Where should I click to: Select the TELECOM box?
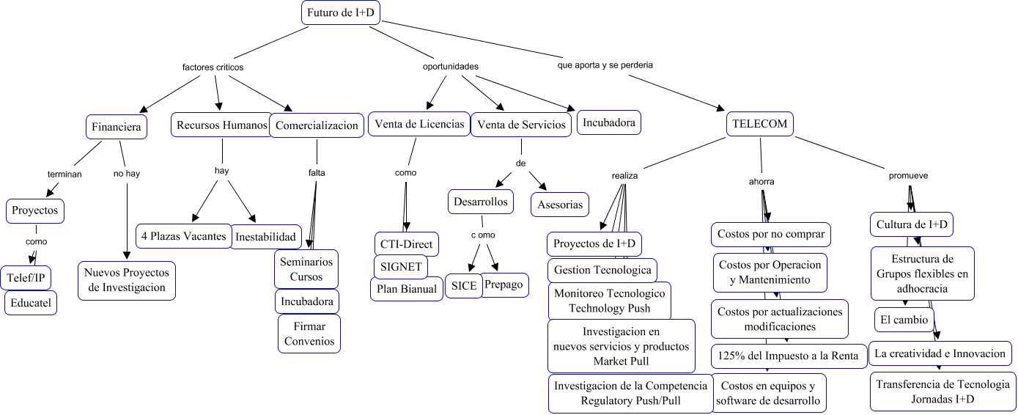click(760, 124)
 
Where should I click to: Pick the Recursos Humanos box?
click(221, 125)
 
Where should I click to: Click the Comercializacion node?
click(317, 125)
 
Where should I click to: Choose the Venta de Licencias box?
click(418, 124)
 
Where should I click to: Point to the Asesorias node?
click(560, 205)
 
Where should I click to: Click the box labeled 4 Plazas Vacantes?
click(184, 236)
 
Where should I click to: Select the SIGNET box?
click(401, 266)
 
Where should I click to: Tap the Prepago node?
click(505, 284)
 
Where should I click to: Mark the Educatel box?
click(31, 303)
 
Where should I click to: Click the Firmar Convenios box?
click(309, 333)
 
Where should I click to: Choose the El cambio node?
click(904, 320)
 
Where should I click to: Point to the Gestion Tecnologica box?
click(602, 270)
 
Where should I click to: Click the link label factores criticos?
click(213, 67)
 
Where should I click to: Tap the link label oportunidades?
click(451, 67)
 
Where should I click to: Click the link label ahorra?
click(761, 181)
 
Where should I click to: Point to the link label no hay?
click(126, 174)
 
